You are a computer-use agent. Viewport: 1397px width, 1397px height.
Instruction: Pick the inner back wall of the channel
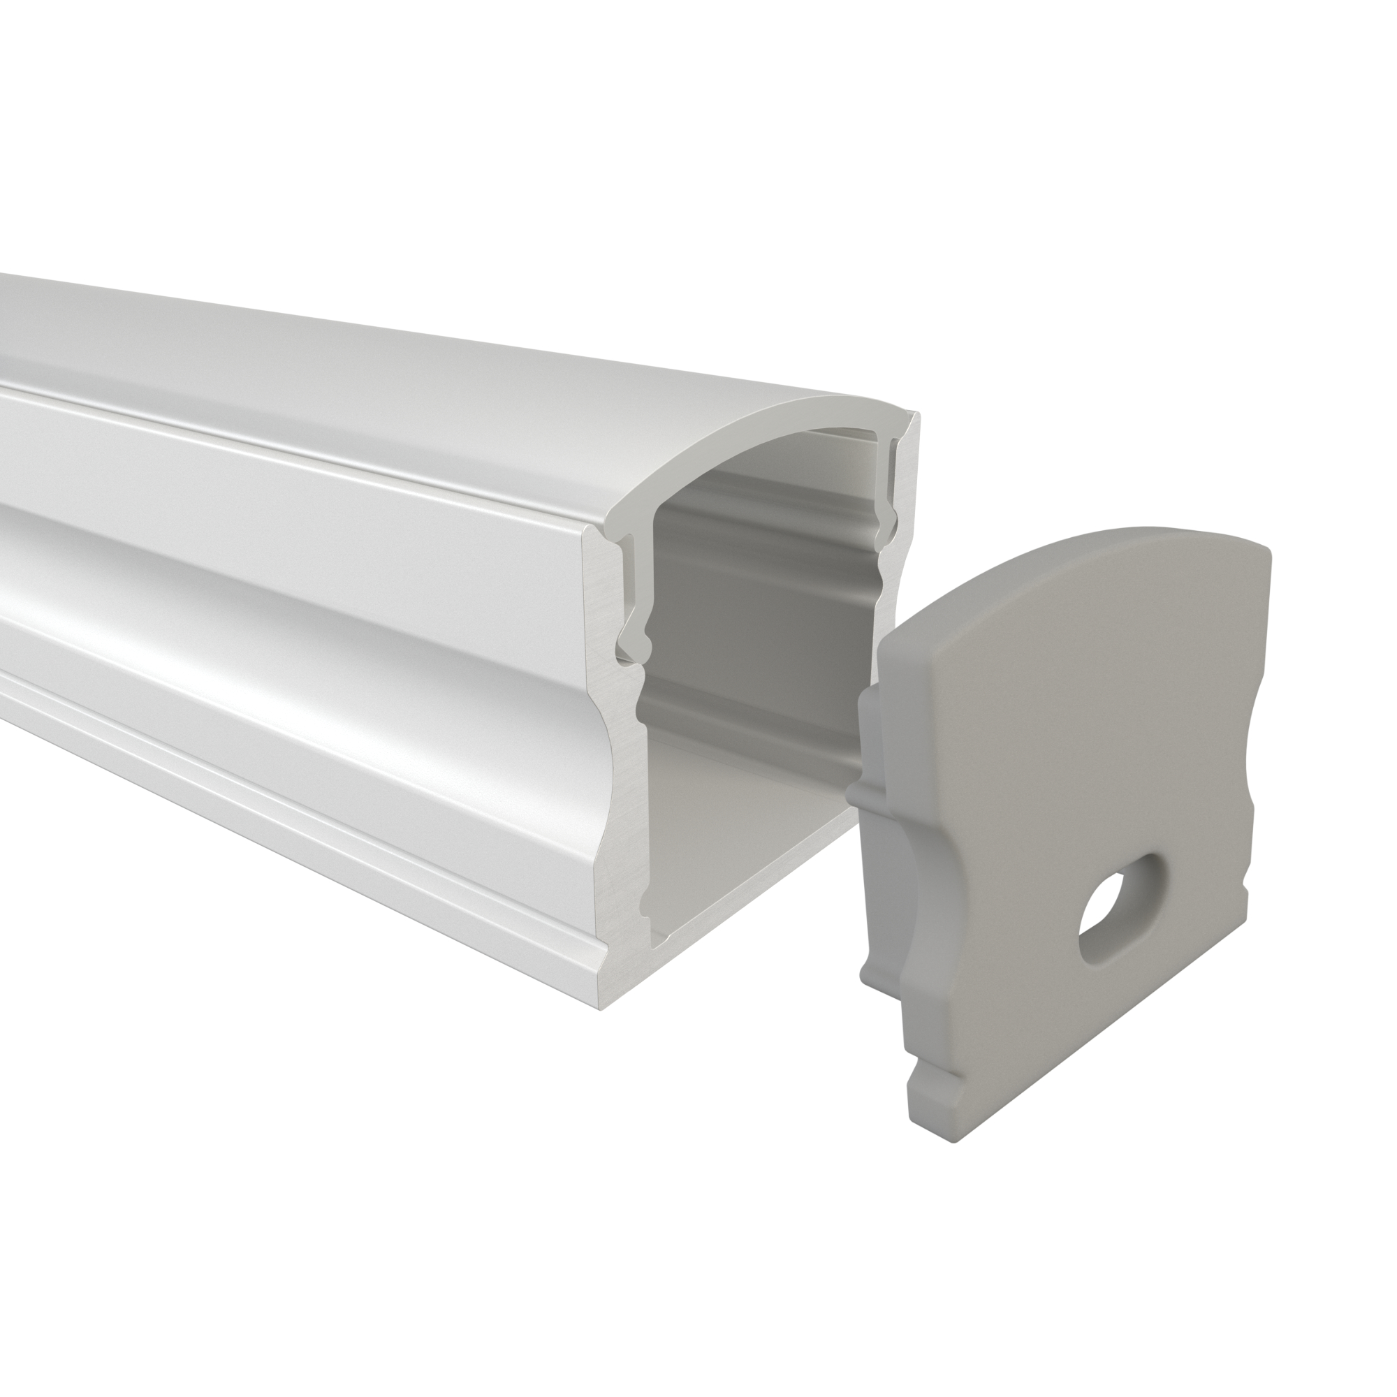pyautogui.click(x=759, y=615)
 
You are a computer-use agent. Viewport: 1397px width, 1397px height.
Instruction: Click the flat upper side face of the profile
pyautogui.click(x=289, y=463)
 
